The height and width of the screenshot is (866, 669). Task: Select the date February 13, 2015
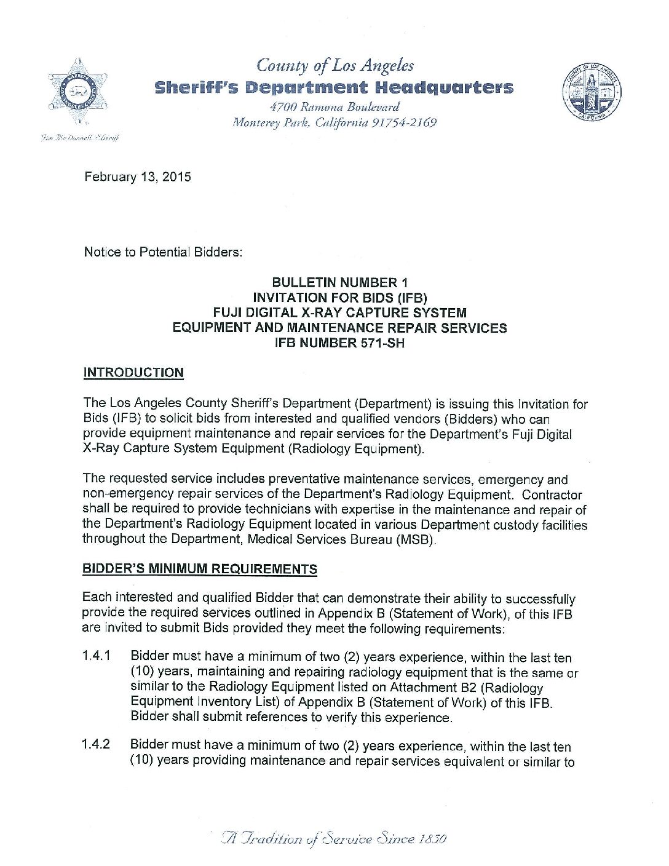(138, 177)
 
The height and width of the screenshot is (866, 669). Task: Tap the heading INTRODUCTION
(133, 373)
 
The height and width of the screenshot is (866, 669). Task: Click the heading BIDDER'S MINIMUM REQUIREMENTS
(200, 569)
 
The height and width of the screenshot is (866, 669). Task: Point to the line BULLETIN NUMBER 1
(339, 283)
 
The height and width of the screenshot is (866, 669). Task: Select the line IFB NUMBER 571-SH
(339, 343)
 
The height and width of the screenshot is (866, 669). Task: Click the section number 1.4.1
(96, 656)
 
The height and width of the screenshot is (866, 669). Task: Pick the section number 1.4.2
(96, 744)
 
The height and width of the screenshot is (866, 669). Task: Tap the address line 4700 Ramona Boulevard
(334, 107)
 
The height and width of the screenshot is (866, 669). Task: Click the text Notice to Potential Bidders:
(163, 252)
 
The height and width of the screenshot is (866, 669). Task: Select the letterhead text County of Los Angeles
(335, 65)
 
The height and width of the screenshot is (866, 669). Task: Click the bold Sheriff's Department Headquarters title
(334, 87)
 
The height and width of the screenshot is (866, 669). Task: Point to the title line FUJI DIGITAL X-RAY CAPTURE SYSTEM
(339, 312)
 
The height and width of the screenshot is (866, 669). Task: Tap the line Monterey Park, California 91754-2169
(334, 122)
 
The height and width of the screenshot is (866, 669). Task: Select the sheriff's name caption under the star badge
(79, 138)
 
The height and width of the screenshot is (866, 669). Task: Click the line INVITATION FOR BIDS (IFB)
(339, 298)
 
